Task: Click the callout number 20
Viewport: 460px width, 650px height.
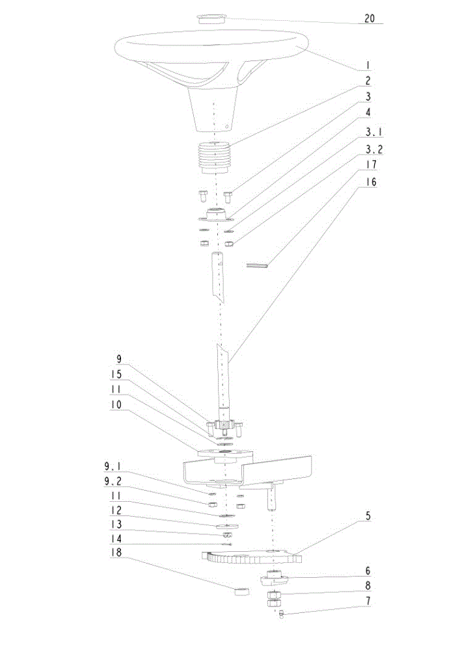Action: [369, 18]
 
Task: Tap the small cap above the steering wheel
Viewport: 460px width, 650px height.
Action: [211, 19]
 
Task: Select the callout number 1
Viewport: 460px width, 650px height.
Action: [368, 66]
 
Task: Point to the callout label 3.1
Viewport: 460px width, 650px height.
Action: [373, 133]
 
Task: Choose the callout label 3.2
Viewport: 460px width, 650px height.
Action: [373, 149]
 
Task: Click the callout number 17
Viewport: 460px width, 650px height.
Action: [372, 164]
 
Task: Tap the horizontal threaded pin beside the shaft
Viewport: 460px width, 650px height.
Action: [257, 265]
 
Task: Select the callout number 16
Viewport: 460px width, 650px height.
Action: [372, 181]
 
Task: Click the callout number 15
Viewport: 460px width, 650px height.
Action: [116, 374]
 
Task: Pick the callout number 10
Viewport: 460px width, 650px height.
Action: [116, 404]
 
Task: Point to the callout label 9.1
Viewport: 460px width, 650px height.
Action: [113, 466]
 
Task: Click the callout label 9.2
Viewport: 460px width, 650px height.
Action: [113, 481]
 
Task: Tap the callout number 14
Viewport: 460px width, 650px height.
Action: [116, 538]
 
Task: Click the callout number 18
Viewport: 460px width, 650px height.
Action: [116, 552]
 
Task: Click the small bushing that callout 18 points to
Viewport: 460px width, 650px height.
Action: [242, 591]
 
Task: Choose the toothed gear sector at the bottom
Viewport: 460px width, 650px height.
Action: [251, 557]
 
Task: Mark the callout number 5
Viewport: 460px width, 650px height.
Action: [368, 516]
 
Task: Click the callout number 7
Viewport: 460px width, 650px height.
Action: [368, 601]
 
